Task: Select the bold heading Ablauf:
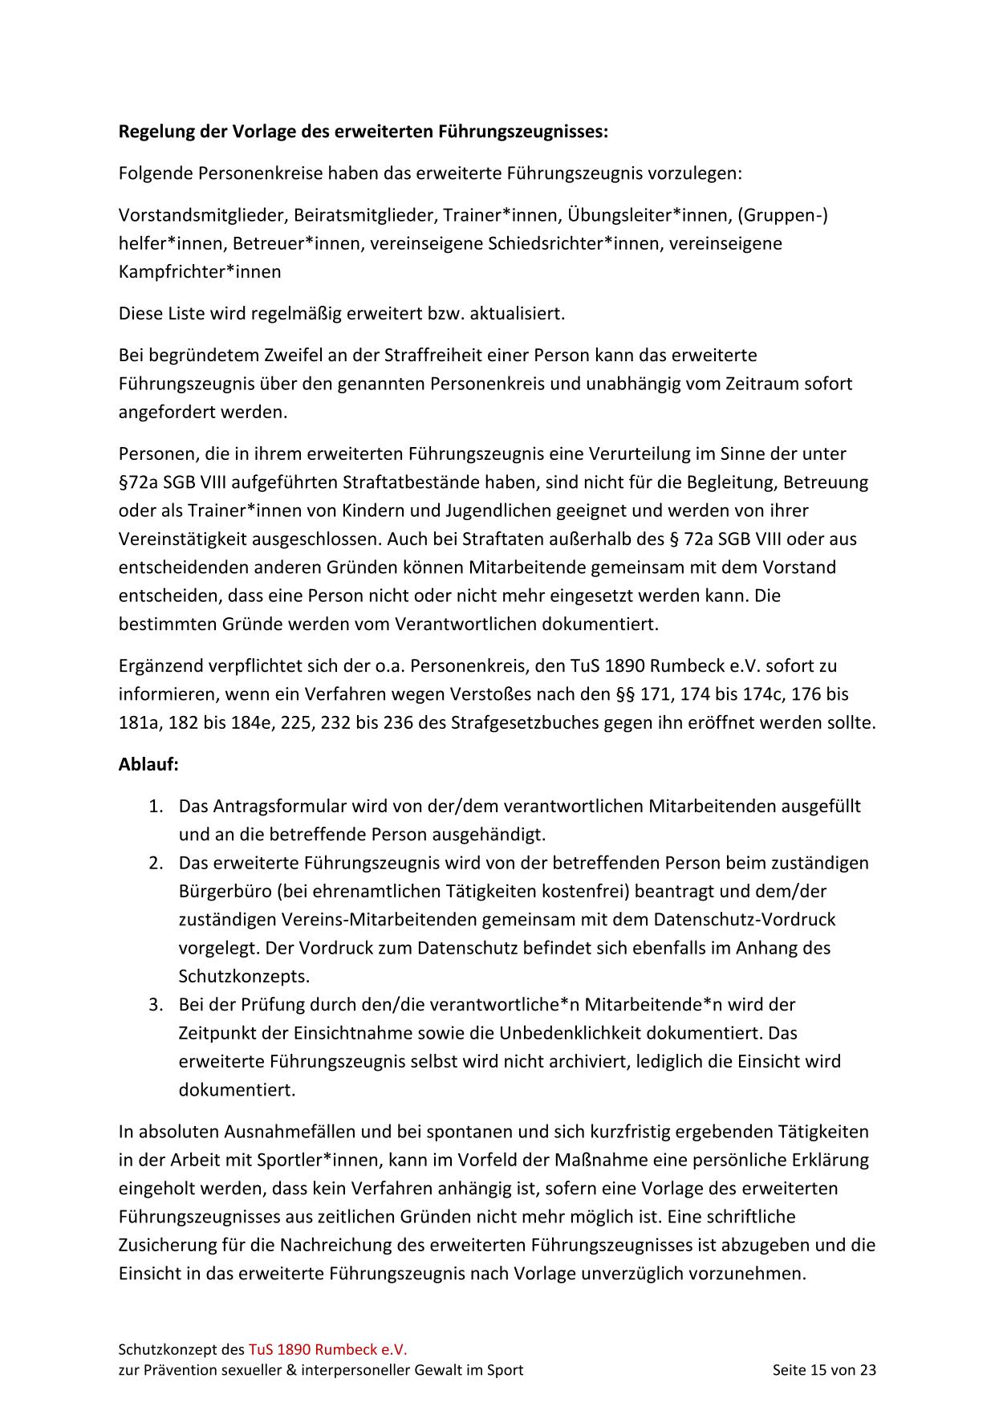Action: click(x=148, y=764)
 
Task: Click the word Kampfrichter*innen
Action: click(x=200, y=271)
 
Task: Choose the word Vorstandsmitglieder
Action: click(x=203, y=215)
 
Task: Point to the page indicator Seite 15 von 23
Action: click(x=824, y=1370)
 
